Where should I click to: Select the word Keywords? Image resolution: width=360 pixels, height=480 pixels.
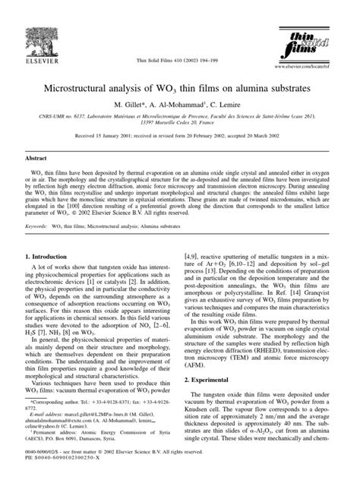pos(39,226)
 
